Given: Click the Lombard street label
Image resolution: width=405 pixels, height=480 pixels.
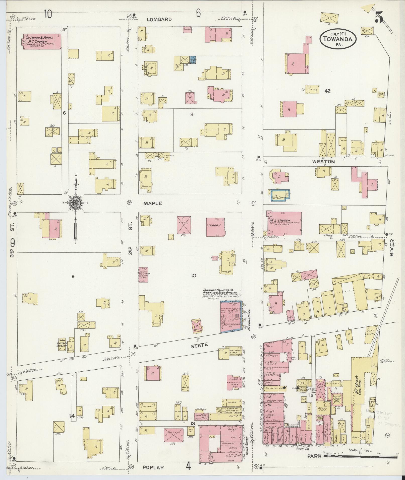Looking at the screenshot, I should point(159,19).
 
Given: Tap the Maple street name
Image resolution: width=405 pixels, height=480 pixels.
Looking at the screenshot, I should point(153,203).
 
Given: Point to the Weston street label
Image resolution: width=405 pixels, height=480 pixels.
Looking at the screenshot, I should point(323,162).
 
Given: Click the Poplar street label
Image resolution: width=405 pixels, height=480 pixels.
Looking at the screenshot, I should point(153,467).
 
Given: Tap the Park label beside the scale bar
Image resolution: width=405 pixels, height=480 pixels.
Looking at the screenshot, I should point(314,456).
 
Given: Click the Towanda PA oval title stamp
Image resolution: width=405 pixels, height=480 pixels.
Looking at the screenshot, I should point(338,38).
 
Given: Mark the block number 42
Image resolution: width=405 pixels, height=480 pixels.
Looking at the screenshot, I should point(327,91).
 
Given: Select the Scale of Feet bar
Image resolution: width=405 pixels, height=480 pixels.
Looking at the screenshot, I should point(360,456).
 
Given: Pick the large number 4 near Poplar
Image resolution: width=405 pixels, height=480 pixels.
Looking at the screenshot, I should point(188,466).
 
